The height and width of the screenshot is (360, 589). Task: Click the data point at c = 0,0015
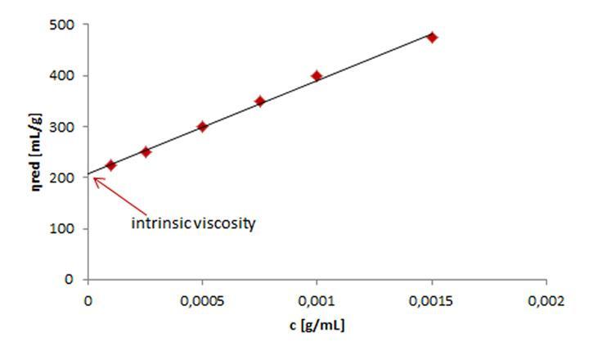pos(432,37)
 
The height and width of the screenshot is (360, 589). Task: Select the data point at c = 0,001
pos(317,76)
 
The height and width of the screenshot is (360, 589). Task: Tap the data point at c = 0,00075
pos(259,101)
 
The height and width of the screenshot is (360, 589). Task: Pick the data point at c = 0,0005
pos(202,127)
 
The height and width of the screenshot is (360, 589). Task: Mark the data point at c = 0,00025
pos(146,151)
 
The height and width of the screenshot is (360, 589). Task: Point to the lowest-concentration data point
pos(111,165)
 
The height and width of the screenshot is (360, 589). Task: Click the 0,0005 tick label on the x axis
pos(202,300)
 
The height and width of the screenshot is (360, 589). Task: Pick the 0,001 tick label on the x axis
pos(317,300)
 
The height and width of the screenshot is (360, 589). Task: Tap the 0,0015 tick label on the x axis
pos(432,300)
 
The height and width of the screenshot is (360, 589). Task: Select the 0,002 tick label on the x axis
pos(546,300)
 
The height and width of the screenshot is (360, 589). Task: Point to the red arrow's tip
pos(92,178)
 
